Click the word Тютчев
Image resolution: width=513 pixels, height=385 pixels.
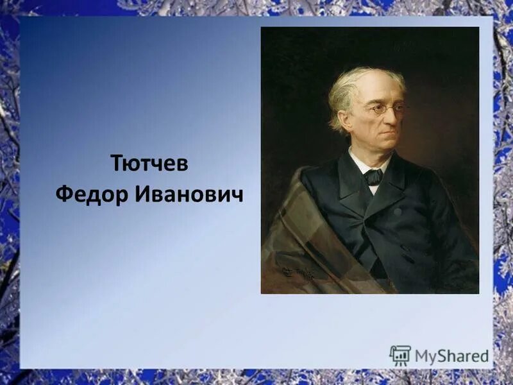pyautogui.click(x=149, y=163)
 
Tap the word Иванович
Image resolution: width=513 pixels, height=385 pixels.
pyautogui.click(x=189, y=194)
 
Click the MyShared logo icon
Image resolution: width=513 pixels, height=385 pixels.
pyautogui.click(x=400, y=355)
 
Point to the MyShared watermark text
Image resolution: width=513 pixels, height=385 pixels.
pyautogui.click(x=451, y=355)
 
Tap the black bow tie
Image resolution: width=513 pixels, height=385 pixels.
pyautogui.click(x=373, y=176)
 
